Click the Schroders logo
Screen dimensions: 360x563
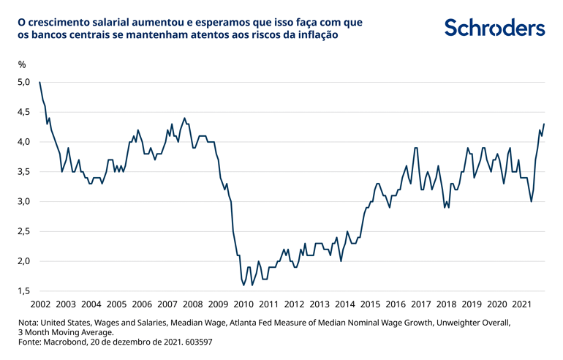coord(495,28)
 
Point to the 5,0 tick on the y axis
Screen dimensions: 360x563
coord(23,82)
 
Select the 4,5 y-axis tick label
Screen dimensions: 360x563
coord(23,112)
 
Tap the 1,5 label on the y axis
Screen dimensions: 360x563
coord(23,291)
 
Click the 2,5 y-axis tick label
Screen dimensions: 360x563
coord(23,231)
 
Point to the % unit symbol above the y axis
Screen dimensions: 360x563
coord(22,64)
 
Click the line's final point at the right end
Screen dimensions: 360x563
coord(544,124)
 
